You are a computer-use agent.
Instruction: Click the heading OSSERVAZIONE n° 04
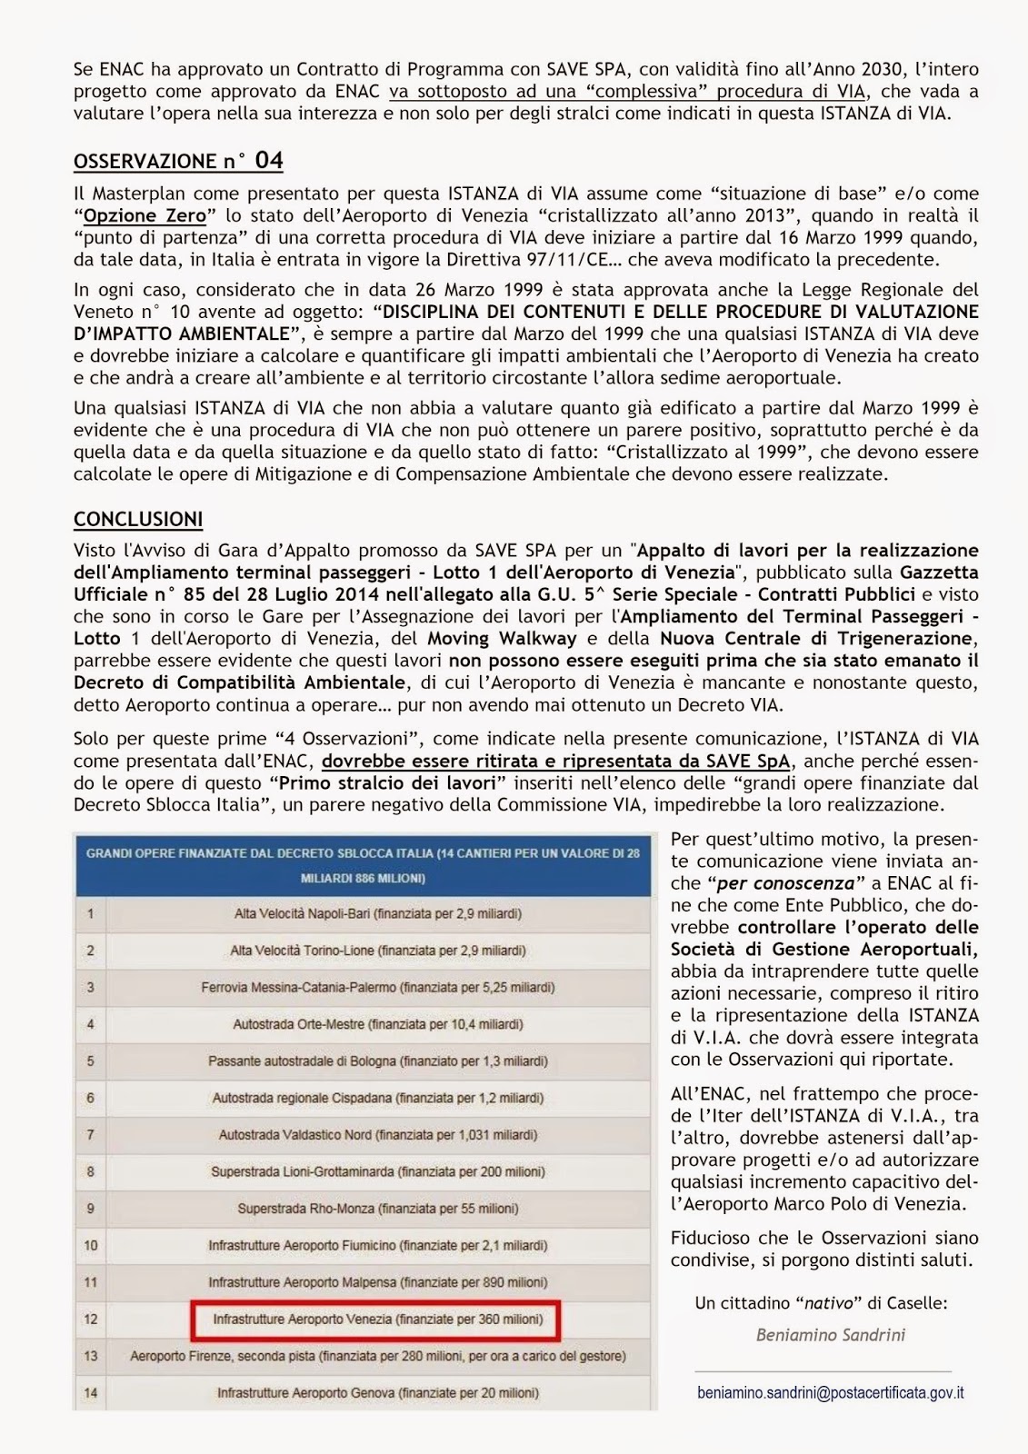pyautogui.click(x=178, y=161)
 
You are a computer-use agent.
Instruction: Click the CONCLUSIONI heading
pyautogui.click(x=138, y=519)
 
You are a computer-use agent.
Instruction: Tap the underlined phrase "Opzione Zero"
pyautogui.click(x=145, y=215)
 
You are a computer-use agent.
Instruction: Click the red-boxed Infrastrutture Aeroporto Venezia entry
pyautogui.click(x=377, y=1319)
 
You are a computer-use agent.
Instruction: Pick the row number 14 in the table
pyautogui.click(x=91, y=1392)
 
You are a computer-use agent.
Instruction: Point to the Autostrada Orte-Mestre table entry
pyautogui.click(x=377, y=1024)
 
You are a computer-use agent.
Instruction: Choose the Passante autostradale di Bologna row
pyautogui.click(x=377, y=1061)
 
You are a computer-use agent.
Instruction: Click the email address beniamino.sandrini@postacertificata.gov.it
pyautogui.click(x=830, y=1392)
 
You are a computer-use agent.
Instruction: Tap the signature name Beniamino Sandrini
pyautogui.click(x=830, y=1335)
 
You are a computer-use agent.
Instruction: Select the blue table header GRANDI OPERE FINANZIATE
pyautogui.click(x=363, y=865)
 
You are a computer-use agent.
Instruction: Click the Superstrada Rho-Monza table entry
pyautogui.click(x=377, y=1209)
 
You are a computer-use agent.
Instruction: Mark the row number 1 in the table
pyautogui.click(x=91, y=913)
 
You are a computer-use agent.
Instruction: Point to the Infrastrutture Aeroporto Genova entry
pyautogui.click(x=377, y=1392)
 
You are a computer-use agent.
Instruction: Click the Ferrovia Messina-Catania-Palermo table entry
pyautogui.click(x=377, y=987)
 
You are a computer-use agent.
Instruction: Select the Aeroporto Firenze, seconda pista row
pyautogui.click(x=377, y=1356)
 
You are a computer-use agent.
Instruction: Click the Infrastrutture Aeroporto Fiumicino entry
pyautogui.click(x=377, y=1245)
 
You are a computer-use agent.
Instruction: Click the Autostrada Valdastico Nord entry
pyautogui.click(x=377, y=1134)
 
